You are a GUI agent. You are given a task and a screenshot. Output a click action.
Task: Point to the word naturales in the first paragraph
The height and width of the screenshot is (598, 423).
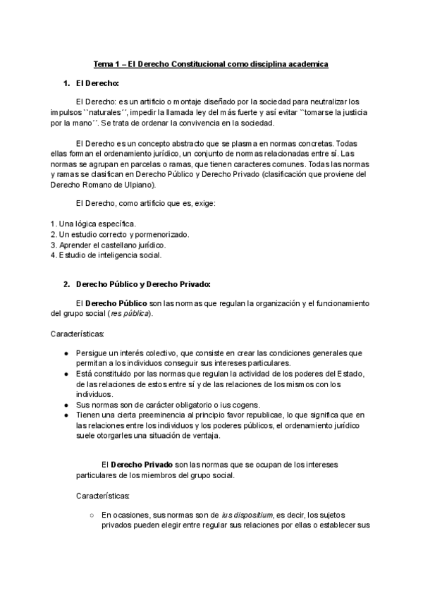coord(104,112)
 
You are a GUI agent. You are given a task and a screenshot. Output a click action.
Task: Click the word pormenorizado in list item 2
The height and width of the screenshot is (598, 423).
coord(159,234)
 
